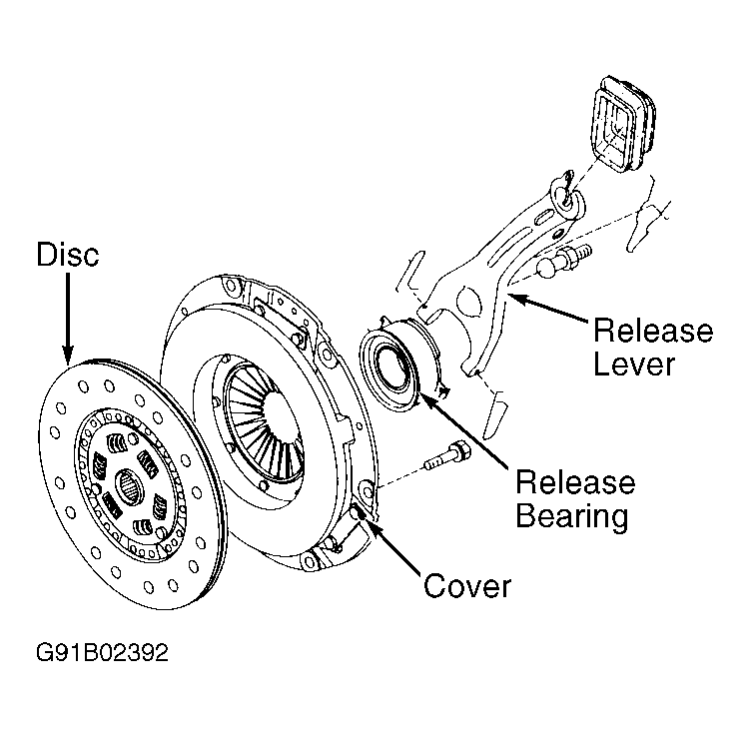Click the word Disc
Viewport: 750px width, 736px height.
pos(68,254)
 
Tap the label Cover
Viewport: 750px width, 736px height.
pos(467,586)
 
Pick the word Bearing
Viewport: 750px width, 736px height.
pos(572,516)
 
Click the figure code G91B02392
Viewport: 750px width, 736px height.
pos(102,653)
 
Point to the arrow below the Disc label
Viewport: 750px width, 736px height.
pos(68,319)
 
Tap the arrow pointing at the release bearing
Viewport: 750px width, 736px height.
pos(463,430)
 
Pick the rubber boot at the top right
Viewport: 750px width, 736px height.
pos(623,124)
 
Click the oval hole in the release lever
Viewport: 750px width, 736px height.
pos(467,303)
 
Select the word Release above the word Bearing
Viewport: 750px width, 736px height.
pos(575,482)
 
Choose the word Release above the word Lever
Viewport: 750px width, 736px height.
pos(653,331)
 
